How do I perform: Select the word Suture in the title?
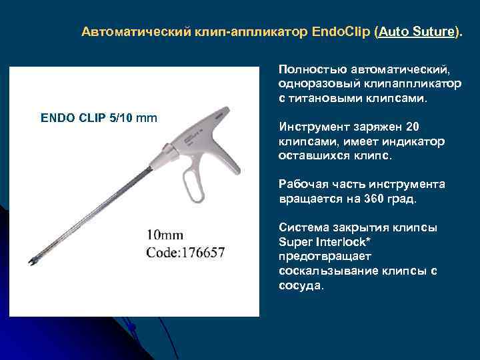[x=436, y=32]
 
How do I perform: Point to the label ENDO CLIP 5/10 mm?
[x=99, y=119]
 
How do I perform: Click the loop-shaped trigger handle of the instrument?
[x=196, y=181]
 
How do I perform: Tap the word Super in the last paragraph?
[x=293, y=241]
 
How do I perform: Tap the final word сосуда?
[x=301, y=285]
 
